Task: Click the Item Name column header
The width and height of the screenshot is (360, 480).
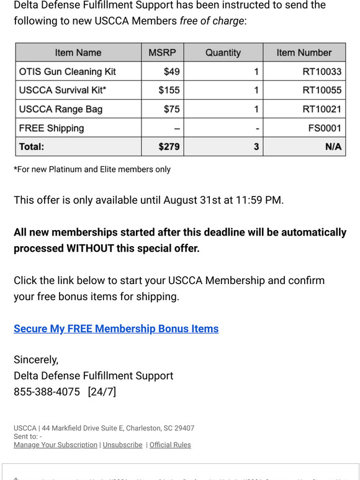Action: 78,53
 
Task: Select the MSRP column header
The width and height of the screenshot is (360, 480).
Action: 162,53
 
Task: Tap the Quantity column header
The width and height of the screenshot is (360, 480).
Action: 223,53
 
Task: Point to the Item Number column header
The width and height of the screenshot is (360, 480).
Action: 304,53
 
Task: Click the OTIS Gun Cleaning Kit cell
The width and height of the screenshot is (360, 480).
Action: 68,71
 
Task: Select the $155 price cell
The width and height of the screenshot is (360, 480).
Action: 169,90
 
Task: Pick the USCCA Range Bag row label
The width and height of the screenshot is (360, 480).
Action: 61,109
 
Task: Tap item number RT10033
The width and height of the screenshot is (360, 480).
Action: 322,71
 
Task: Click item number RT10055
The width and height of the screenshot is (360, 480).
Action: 322,90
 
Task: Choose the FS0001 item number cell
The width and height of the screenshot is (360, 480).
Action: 325,128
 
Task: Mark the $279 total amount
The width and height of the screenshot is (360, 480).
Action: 169,147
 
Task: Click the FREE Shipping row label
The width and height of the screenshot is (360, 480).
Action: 52,128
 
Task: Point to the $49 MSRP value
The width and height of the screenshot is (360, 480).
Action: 171,71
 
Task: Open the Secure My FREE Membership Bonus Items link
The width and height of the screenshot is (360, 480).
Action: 116,329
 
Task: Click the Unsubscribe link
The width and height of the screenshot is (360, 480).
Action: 122,445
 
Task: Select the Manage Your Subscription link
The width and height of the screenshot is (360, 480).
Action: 55,445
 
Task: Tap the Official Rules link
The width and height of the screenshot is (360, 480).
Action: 170,445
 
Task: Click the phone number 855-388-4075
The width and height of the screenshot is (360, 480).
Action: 47,392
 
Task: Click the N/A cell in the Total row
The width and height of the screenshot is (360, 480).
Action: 332,147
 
